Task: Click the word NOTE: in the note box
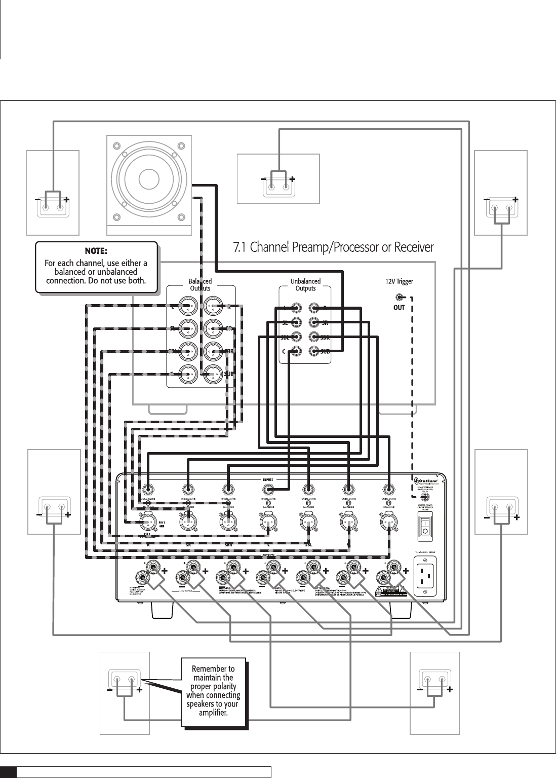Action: pyautogui.click(x=96, y=251)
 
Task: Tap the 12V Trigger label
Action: pyautogui.click(x=399, y=281)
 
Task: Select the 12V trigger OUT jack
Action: pyautogui.click(x=400, y=298)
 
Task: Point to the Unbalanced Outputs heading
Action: pyautogui.click(x=305, y=284)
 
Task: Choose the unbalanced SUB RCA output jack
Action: pyautogui.click(x=314, y=351)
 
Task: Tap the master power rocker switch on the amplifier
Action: pyautogui.click(x=425, y=526)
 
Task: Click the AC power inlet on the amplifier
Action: pyautogui.click(x=425, y=576)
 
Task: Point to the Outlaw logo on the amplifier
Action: pyautogui.click(x=431, y=479)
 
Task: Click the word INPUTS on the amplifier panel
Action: pyautogui.click(x=268, y=478)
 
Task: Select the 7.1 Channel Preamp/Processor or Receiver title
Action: pyautogui.click(x=333, y=247)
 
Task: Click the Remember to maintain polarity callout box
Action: pyautogui.click(x=213, y=691)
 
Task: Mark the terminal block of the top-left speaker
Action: pyautogui.click(x=53, y=206)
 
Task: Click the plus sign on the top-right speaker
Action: pyautogui.click(x=515, y=200)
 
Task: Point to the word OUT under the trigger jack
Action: pyautogui.click(x=399, y=308)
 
